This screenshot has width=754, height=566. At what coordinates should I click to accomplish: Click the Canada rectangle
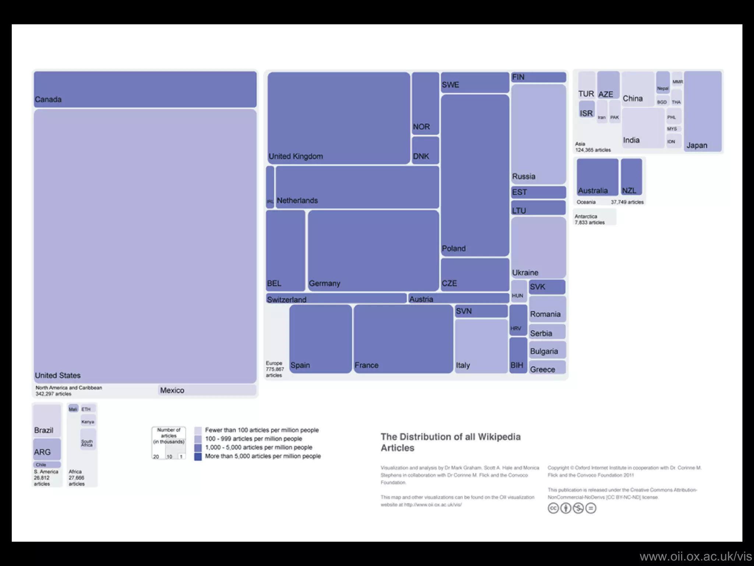[x=145, y=89]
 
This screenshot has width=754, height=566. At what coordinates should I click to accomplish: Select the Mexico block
[x=207, y=390]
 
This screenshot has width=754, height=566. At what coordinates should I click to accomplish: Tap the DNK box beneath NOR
[x=425, y=150]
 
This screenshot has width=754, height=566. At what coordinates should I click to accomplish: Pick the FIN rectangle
[x=538, y=77]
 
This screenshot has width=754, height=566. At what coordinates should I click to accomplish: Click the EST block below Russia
[x=538, y=192]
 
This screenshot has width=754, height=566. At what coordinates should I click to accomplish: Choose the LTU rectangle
[x=538, y=207]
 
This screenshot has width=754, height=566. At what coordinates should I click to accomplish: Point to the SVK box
[x=547, y=287]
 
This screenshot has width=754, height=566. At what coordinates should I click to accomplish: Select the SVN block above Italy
[x=481, y=311]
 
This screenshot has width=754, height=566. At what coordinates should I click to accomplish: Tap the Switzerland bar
[x=336, y=298]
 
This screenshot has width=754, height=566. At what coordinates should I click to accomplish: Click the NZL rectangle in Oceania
[x=631, y=177]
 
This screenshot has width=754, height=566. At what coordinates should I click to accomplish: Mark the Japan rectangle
[x=702, y=111]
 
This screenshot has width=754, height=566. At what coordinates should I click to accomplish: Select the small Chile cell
[x=47, y=465]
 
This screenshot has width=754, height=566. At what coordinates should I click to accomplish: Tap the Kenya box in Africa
[x=88, y=421]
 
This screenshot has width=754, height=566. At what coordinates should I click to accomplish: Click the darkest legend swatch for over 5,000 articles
[x=198, y=457]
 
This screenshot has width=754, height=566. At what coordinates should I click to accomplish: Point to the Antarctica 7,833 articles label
[x=590, y=219]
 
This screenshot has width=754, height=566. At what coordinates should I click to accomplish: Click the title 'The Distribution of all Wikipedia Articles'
[x=450, y=442]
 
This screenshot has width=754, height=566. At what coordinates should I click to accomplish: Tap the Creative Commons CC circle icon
[x=553, y=509]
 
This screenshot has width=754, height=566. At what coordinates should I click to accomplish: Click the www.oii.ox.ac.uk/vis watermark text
[x=695, y=556]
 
